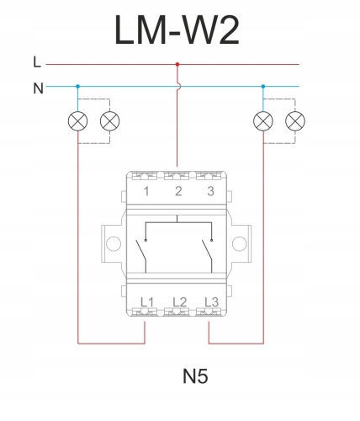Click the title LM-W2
(x=177, y=30)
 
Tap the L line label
(x=37, y=62)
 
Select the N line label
(x=38, y=88)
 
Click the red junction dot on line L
(x=177, y=64)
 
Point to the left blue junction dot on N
(x=78, y=87)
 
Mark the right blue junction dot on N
(x=263, y=87)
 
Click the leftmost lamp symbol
(x=78, y=121)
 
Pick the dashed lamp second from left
(x=110, y=121)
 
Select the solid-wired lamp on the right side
(x=263, y=121)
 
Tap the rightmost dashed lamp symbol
(x=295, y=121)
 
